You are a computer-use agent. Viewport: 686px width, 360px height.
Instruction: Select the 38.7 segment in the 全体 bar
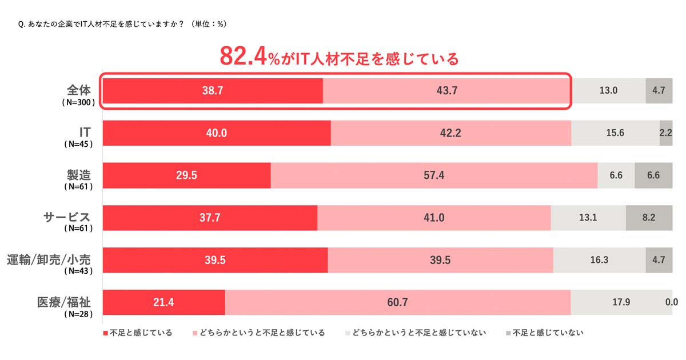[x=212, y=90]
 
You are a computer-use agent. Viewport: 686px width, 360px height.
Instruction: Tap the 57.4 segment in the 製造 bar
[x=434, y=175]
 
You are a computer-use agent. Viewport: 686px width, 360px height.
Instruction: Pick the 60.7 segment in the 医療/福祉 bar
[x=397, y=302]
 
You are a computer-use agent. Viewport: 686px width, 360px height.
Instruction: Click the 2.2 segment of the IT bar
[x=666, y=133]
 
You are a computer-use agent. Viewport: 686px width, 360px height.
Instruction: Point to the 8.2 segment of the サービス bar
[x=649, y=218]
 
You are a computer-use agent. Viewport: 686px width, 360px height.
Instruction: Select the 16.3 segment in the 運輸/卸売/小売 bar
[x=599, y=260]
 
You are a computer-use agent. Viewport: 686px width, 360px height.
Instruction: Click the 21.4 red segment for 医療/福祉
[x=163, y=302]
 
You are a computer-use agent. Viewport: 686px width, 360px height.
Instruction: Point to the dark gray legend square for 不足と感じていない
[x=508, y=333]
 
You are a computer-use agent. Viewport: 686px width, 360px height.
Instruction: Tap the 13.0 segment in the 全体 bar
[x=608, y=90]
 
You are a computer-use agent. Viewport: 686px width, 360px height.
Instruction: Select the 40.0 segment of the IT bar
[x=217, y=133]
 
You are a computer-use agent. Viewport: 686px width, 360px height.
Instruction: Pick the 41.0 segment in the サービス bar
[x=434, y=218]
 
